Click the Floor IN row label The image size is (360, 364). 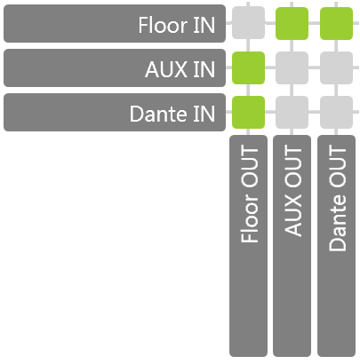click(x=115, y=23)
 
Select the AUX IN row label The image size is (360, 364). click(x=115, y=67)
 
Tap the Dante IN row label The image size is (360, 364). click(x=115, y=112)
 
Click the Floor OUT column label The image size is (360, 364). click(x=248, y=246)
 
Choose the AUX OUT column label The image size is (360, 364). click(x=292, y=246)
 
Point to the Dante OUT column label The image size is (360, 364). click(x=336, y=246)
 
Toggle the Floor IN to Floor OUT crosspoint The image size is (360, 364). click(x=248, y=23)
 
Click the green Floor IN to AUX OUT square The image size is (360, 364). click(x=292, y=23)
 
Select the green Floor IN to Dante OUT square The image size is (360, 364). click(x=336, y=23)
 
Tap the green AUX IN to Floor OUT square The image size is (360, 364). click(x=248, y=67)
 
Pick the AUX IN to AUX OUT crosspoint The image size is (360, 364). click(x=292, y=67)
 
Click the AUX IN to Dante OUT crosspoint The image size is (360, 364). click(x=336, y=67)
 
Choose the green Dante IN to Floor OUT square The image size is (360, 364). click(x=248, y=112)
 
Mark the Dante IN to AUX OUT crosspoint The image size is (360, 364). click(x=292, y=112)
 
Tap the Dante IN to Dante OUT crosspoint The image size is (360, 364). click(x=336, y=112)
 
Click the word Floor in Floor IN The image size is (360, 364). click(x=163, y=25)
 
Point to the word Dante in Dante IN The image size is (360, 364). click(x=158, y=114)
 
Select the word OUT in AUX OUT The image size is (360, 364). click(x=292, y=166)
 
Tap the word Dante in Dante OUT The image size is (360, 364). click(x=337, y=223)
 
